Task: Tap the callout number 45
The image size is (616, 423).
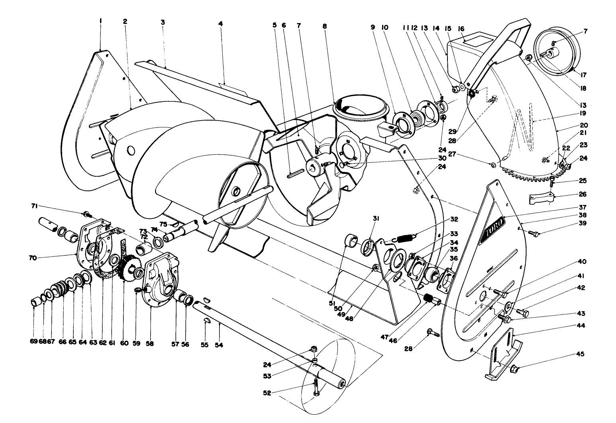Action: [x=580, y=354]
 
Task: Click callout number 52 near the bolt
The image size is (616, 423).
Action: [x=267, y=393]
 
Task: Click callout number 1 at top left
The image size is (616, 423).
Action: [x=100, y=19]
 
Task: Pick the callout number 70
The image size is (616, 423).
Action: [x=33, y=258]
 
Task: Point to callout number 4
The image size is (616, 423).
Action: [x=220, y=23]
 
